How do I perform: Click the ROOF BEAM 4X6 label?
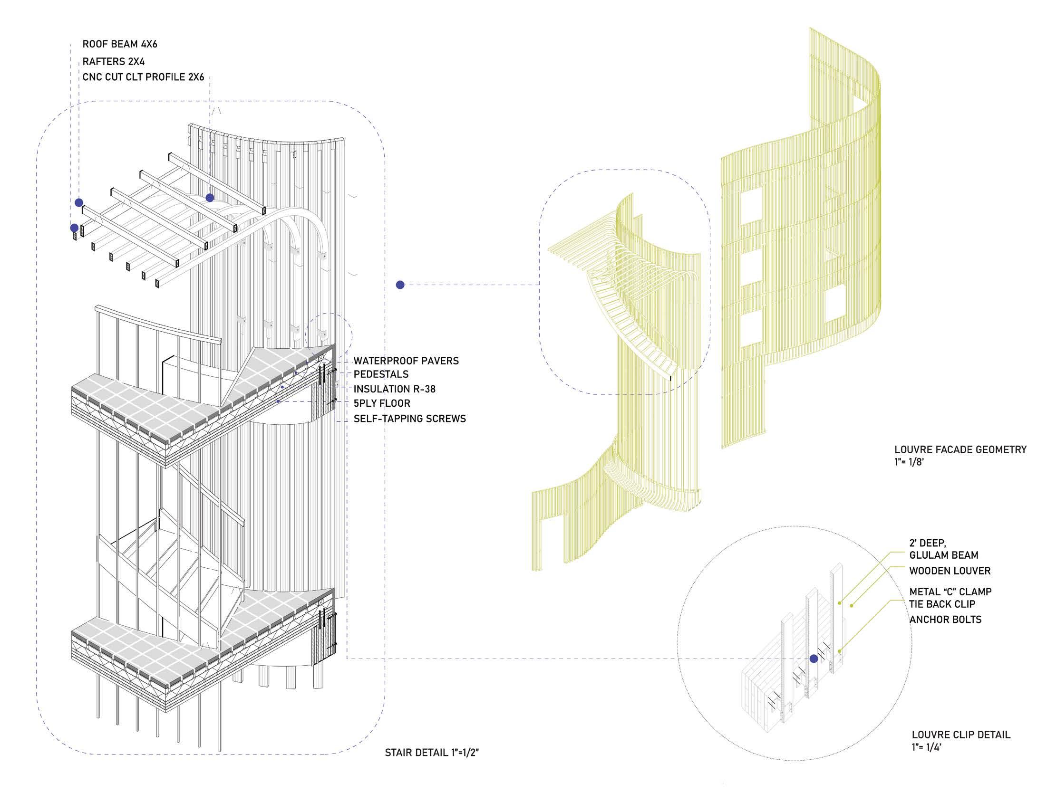(x=119, y=44)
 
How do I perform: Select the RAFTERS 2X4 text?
(x=113, y=61)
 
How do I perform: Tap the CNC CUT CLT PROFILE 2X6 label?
(x=143, y=77)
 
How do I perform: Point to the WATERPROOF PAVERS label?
(x=406, y=361)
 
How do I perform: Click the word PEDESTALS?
(x=381, y=374)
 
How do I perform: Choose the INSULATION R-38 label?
(x=394, y=389)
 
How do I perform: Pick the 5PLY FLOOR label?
(x=382, y=403)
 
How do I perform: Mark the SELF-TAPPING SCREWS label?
(x=409, y=419)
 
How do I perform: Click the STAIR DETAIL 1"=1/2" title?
(x=432, y=753)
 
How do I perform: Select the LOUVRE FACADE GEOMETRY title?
(x=960, y=449)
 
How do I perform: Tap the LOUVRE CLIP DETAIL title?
(x=961, y=735)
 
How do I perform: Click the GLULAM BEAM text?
(x=943, y=555)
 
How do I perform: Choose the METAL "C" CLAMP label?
(x=950, y=592)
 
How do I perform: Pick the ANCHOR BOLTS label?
(x=945, y=620)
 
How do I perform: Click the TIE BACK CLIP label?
(x=942, y=604)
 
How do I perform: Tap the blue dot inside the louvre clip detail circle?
(x=814, y=659)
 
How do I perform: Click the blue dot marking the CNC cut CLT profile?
(x=210, y=198)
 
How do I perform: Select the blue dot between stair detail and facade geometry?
(x=400, y=285)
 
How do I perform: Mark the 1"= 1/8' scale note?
(x=909, y=461)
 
